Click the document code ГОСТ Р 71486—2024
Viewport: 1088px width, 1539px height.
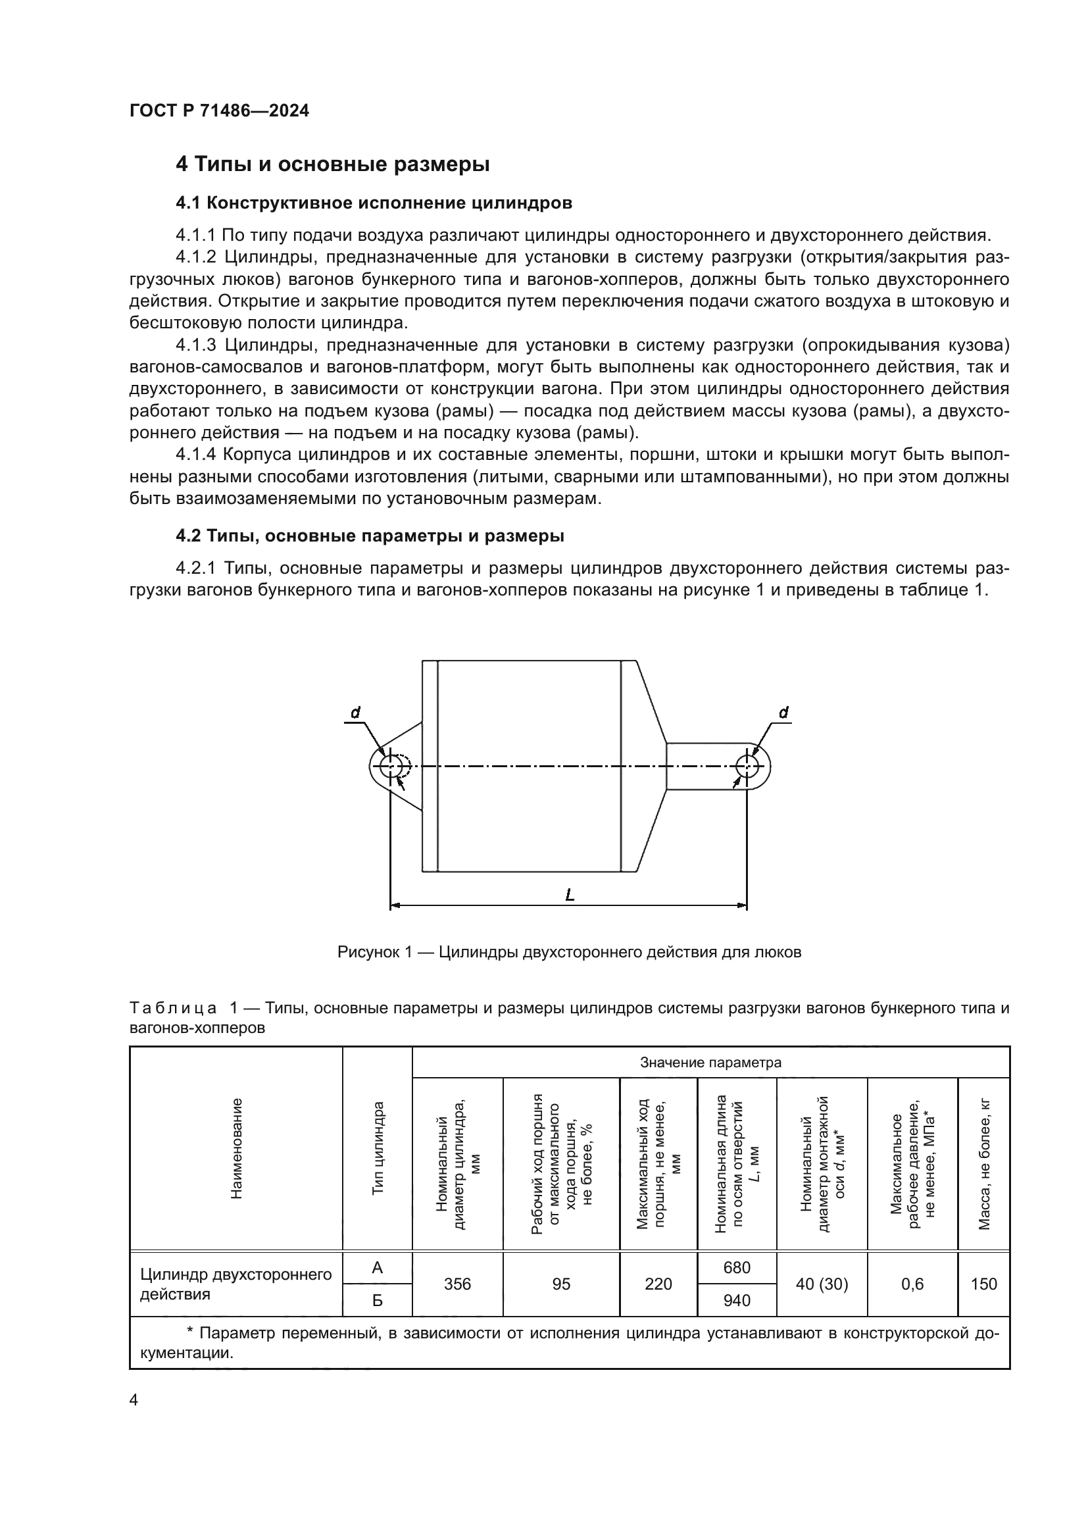tap(219, 111)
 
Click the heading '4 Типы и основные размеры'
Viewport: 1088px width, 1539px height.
tap(332, 164)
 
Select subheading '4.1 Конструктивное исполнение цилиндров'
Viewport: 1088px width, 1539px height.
tap(374, 203)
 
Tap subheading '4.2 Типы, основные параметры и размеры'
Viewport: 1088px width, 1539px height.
tap(370, 536)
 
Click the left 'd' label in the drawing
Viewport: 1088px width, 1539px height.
tap(356, 713)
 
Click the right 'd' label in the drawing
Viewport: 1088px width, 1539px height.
tap(783, 713)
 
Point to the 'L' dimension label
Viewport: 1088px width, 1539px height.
tap(570, 894)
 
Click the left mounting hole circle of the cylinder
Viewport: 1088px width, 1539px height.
tap(390, 766)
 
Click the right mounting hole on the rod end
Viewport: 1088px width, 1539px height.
tap(747, 766)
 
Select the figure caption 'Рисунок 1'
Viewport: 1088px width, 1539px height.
tap(569, 952)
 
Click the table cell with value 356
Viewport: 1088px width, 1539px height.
tap(458, 1284)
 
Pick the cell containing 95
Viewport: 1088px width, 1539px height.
tap(560, 1284)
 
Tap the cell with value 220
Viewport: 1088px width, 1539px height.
tap(658, 1284)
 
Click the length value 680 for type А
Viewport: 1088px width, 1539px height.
tap(737, 1267)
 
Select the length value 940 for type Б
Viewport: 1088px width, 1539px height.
tap(737, 1300)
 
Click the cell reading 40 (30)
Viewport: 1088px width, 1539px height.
tap(822, 1284)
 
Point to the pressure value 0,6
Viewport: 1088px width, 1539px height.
tap(912, 1284)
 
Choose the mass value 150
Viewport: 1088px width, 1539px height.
tap(983, 1284)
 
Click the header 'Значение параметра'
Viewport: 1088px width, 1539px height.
tap(710, 1063)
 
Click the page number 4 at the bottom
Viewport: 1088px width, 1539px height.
tap(134, 1400)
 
